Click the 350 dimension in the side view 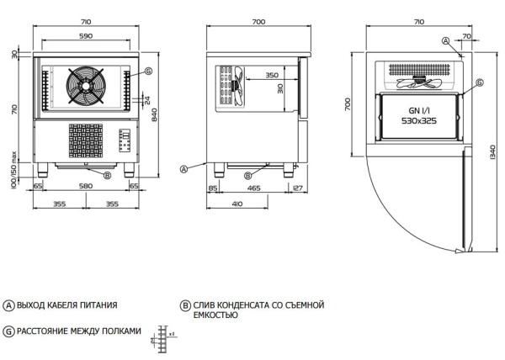[272, 76]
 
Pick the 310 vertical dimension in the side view [280, 88]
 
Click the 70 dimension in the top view [466, 37]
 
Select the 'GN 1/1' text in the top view [418, 109]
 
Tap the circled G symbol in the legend [8, 331]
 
